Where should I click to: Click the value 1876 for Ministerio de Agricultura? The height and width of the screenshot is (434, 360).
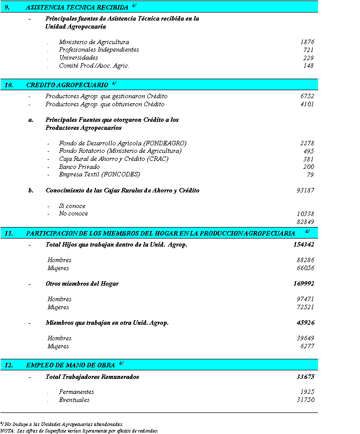(307, 43)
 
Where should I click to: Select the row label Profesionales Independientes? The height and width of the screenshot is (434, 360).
(99, 50)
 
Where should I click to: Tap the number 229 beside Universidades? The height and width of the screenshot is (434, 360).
(308, 58)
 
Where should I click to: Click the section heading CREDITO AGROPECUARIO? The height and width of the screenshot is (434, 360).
(67, 85)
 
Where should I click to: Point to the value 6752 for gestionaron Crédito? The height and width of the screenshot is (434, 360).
(307, 96)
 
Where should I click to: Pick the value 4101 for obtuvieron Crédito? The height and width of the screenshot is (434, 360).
(307, 104)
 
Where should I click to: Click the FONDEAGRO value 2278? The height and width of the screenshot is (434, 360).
(307, 143)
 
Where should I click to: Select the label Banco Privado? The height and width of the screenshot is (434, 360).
(79, 167)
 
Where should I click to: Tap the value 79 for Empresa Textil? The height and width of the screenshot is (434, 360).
(310, 175)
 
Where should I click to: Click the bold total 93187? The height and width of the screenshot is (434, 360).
(305, 190)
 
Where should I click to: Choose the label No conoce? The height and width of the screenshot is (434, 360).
(73, 214)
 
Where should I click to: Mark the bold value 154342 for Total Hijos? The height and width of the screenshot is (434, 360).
(304, 245)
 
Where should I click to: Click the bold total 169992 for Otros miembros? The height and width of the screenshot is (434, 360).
(304, 284)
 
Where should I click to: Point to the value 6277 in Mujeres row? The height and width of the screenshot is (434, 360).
(307, 346)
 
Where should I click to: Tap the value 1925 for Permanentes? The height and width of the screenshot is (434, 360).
(307, 392)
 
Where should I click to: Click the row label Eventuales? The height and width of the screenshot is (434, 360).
(74, 400)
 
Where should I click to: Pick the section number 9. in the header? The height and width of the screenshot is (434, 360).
(7, 7)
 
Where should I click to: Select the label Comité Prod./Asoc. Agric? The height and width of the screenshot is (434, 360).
(94, 66)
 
